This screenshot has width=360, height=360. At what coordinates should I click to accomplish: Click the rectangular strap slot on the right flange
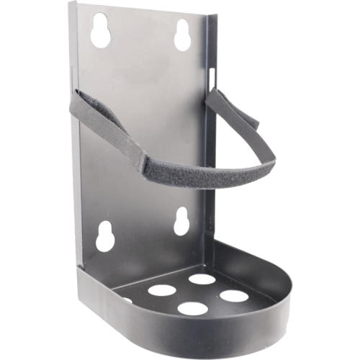click(211, 75)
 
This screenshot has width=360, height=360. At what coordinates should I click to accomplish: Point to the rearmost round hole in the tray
click(202, 279)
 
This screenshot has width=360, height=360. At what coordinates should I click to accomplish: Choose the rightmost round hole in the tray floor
click(234, 295)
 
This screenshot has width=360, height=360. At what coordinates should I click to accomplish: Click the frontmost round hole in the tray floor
click(192, 309)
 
